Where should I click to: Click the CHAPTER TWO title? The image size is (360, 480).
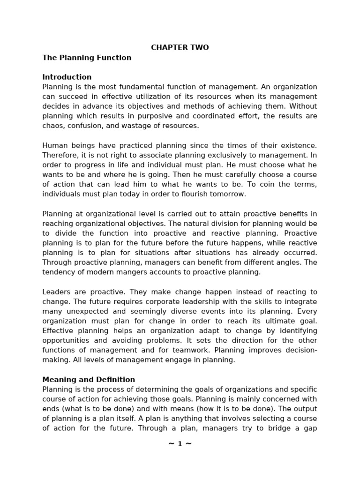pos(180,48)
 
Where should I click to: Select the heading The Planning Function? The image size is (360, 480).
pos(87,58)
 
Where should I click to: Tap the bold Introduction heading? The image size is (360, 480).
pos(67,77)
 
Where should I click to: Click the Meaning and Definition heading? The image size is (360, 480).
pos(89,380)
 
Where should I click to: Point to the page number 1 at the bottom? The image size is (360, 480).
pos(180,444)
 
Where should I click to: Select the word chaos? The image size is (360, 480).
pos(52,126)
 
